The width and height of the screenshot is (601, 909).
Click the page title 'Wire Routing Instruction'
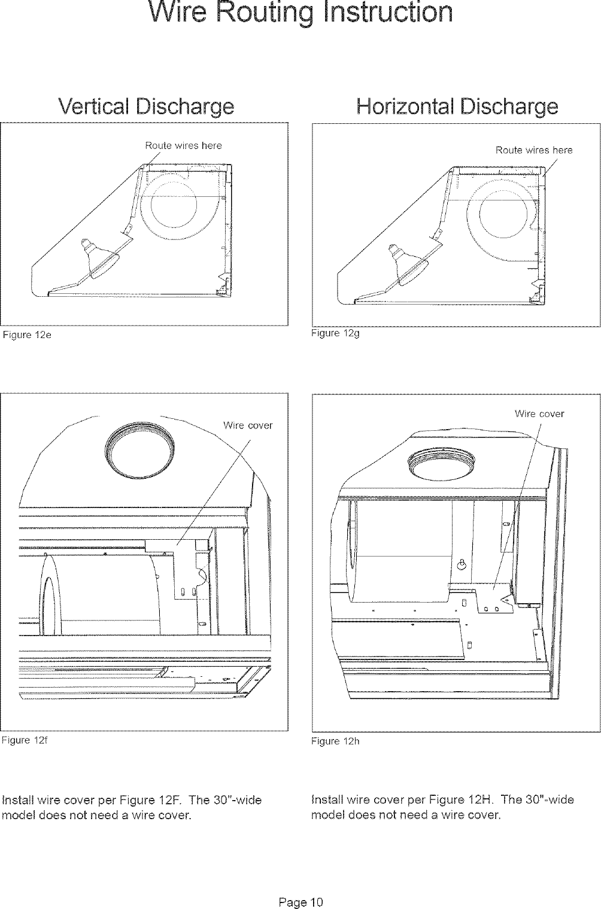coord(300,13)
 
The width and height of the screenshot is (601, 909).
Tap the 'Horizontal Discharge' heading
coord(456,108)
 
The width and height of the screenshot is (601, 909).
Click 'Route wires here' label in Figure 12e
coord(183,145)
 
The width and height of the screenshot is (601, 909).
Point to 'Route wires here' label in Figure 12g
coord(533,150)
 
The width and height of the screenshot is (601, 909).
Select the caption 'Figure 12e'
coord(28,335)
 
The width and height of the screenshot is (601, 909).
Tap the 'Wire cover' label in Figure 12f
coord(247,425)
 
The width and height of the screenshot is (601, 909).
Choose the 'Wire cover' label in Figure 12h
coord(539,414)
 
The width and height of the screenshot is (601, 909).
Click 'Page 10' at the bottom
coord(300,884)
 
